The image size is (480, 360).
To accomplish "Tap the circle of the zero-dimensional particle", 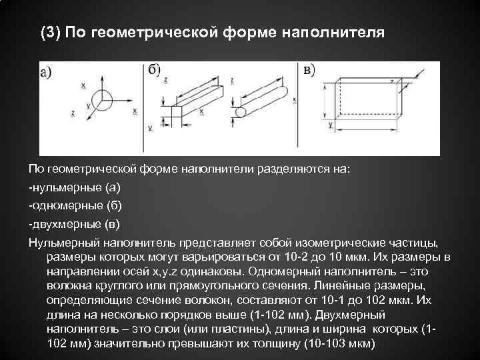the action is pyautogui.click(x=102, y=101).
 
